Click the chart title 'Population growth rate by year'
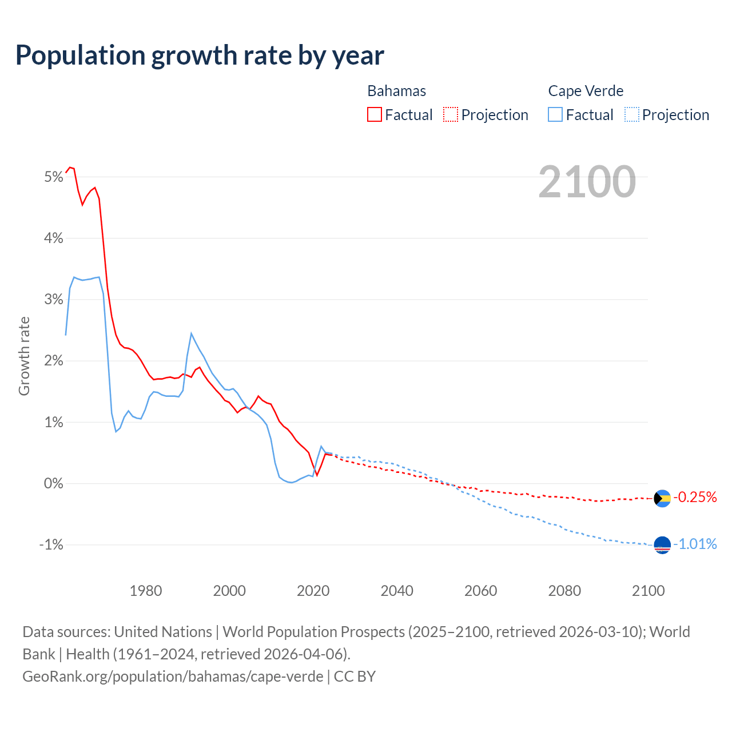point(200,55)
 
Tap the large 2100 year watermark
point(587,182)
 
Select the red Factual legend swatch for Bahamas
point(375,114)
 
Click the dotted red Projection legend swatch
point(451,114)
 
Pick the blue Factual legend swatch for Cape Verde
point(555,114)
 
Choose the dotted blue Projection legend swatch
point(631,114)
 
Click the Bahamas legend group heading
point(396,91)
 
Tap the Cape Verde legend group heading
point(586,91)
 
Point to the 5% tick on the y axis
point(53,177)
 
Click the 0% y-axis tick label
point(53,484)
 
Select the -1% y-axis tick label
point(51,545)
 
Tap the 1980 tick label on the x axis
point(146,591)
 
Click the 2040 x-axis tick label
point(397,591)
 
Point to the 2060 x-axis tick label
point(480,591)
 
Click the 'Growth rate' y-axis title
point(24,356)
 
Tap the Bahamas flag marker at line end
point(662,499)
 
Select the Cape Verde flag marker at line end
point(662,545)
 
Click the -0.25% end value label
point(695,498)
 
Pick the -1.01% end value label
point(695,544)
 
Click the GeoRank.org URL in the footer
point(173,677)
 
